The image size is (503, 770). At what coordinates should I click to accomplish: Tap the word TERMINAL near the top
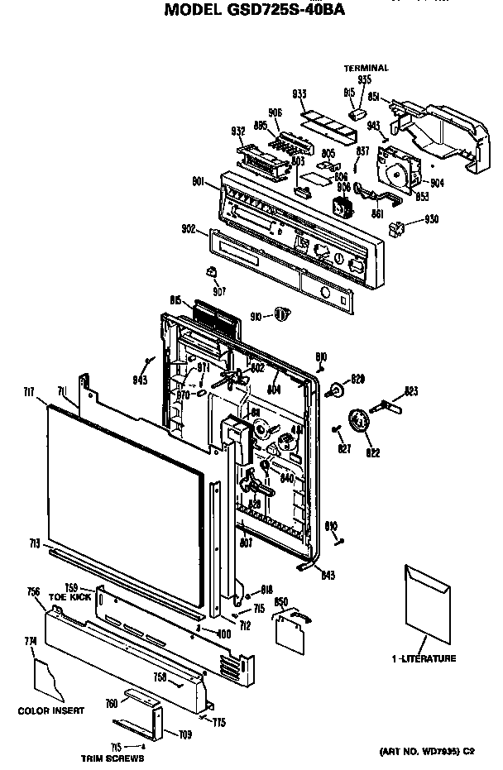tap(366, 68)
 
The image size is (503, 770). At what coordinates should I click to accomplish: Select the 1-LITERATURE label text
tap(424, 658)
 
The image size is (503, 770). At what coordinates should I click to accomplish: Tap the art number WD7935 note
tap(427, 750)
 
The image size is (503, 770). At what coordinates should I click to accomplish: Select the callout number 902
tap(188, 228)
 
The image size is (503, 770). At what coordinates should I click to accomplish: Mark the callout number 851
tap(374, 97)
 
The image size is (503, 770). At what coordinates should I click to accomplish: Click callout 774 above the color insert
tap(31, 641)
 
